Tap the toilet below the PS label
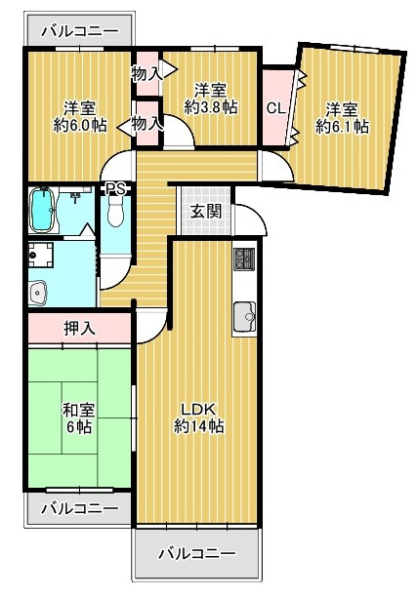click(116, 211)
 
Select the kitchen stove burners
click(243, 261)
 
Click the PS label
click(115, 189)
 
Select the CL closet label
click(275, 108)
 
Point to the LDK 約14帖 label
click(199, 417)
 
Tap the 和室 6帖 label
click(77, 418)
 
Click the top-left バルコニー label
click(81, 30)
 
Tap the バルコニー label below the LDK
click(198, 553)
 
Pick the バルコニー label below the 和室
click(80, 508)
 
